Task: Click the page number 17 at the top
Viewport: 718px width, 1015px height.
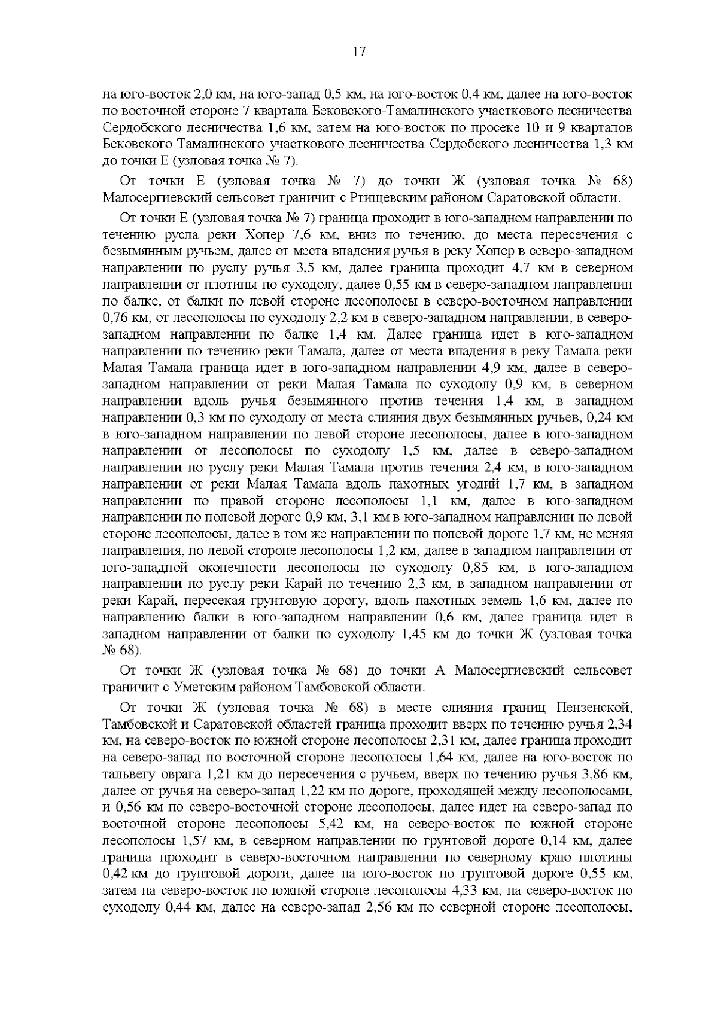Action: tap(358, 52)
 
